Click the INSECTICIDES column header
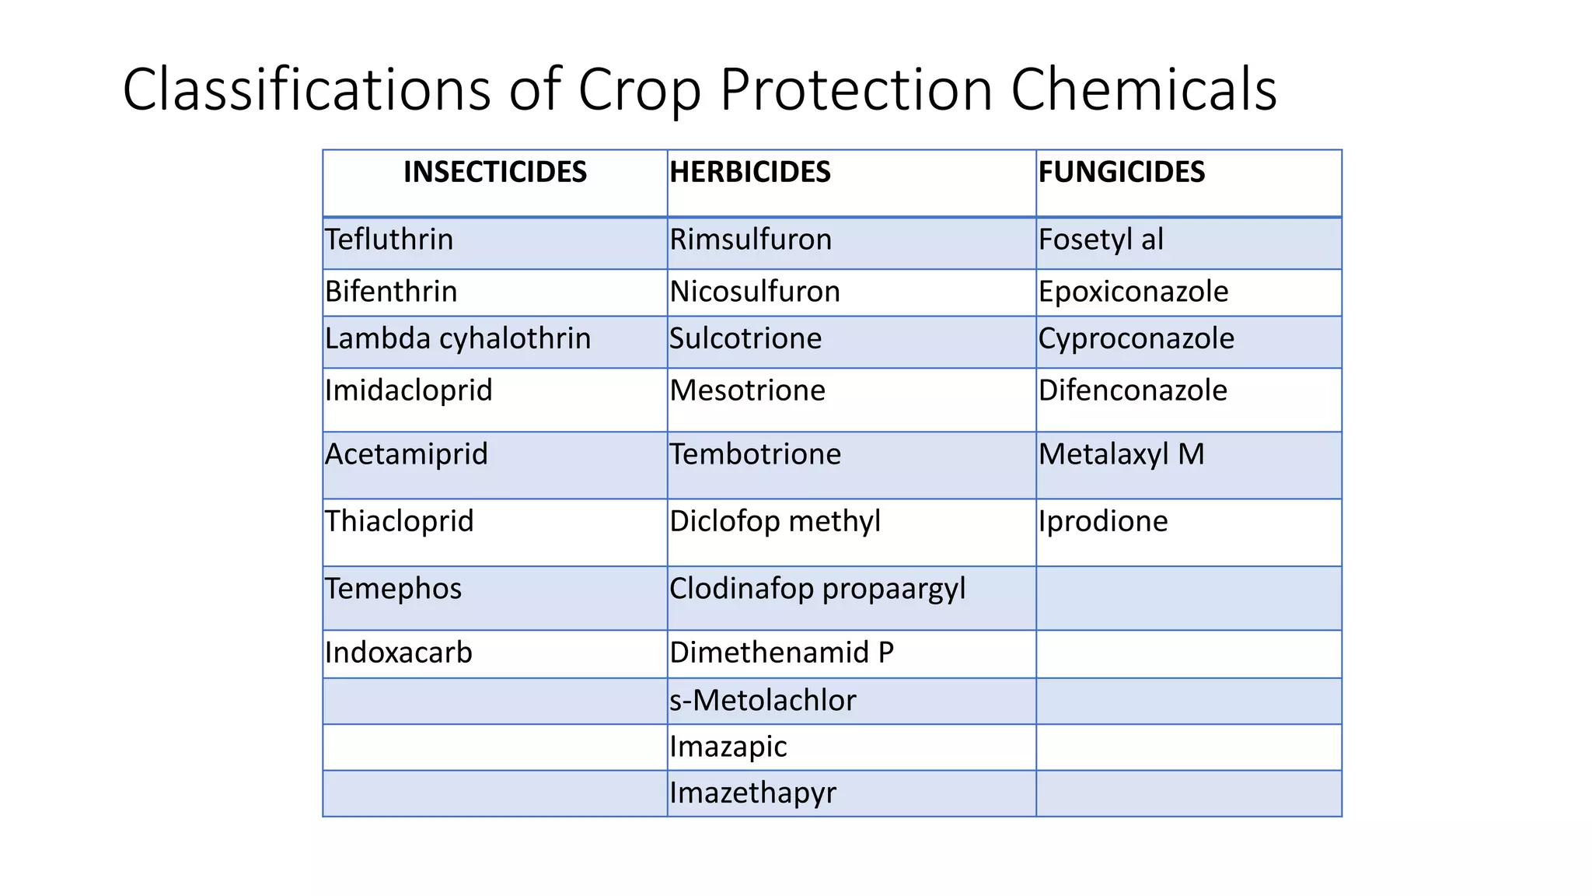[x=495, y=172]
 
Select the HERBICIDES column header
[x=750, y=172]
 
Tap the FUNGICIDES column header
[x=1122, y=172]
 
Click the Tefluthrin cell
[x=389, y=240]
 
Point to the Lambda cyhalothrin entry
[x=458, y=338]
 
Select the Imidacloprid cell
[x=409, y=390]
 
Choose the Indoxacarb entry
[x=399, y=653]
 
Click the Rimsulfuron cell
[x=751, y=240]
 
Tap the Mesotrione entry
[x=748, y=390]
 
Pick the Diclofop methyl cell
[x=775, y=521]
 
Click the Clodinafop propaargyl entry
[x=818, y=589]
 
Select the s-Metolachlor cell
[x=763, y=701]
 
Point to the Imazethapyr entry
[x=752, y=793]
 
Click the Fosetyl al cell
[x=1101, y=240]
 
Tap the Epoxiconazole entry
[x=1133, y=292]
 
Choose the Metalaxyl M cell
[x=1121, y=454]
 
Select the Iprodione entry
[x=1103, y=521]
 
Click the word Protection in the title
[x=856, y=89]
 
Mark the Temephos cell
[x=393, y=589]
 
